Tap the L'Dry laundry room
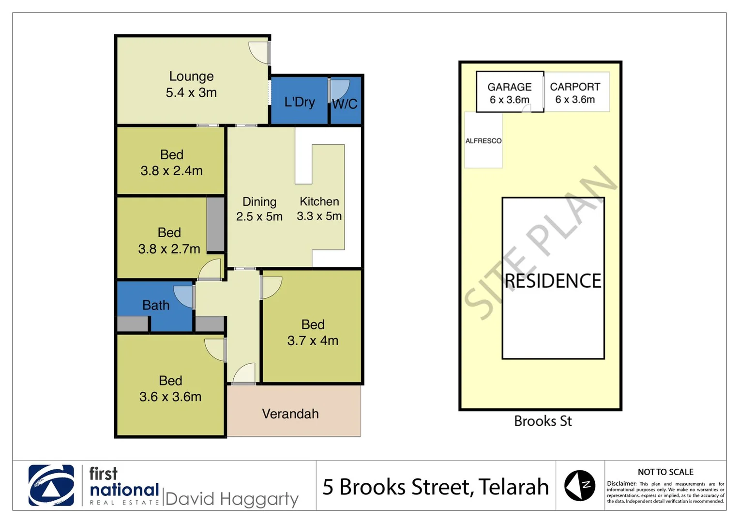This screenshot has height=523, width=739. [x=299, y=102]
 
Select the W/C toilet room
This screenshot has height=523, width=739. [x=345, y=103]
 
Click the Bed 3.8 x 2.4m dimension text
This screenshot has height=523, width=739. [x=171, y=170]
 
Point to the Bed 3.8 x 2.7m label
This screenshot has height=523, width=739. [x=169, y=241]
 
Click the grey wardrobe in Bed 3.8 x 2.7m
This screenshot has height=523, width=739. [x=215, y=224]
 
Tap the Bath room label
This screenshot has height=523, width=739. [x=156, y=305]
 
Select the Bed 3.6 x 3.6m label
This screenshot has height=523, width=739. [x=170, y=388]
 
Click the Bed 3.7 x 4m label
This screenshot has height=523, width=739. [x=313, y=332]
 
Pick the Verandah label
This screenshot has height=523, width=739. [x=290, y=414]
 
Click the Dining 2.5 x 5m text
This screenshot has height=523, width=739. [x=259, y=209]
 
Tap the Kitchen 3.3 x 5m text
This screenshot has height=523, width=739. [x=319, y=209]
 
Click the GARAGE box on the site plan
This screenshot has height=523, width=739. [x=510, y=92]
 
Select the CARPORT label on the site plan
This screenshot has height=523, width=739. [x=575, y=87]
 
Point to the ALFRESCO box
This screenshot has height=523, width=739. [x=483, y=140]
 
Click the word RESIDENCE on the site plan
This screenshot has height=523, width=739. [x=553, y=281]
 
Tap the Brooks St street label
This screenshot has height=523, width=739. [x=543, y=421]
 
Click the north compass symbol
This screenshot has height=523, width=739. [x=579, y=485]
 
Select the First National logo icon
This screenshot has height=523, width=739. [x=51, y=485]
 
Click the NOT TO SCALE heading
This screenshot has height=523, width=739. [x=665, y=472]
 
